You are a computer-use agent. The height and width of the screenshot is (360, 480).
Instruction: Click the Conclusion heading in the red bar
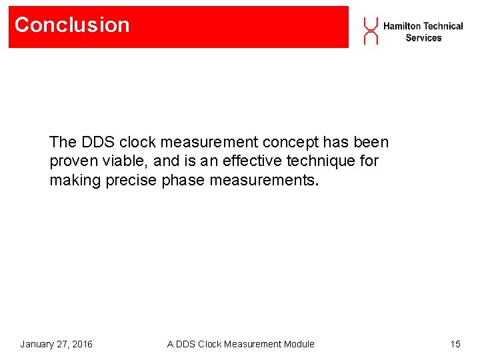72,25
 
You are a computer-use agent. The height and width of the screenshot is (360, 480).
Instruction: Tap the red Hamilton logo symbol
370,31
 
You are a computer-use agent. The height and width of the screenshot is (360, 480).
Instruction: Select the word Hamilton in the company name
401,26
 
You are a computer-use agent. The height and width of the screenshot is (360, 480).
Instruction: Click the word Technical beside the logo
443,26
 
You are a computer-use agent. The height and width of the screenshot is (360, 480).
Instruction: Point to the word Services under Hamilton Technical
423,38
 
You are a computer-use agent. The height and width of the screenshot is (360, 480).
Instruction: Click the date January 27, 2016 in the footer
56,344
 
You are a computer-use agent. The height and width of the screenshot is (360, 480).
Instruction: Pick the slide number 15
455,344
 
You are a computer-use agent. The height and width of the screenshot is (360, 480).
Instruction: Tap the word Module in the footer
298,344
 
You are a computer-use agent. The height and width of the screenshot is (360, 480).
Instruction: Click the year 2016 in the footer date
81,344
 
